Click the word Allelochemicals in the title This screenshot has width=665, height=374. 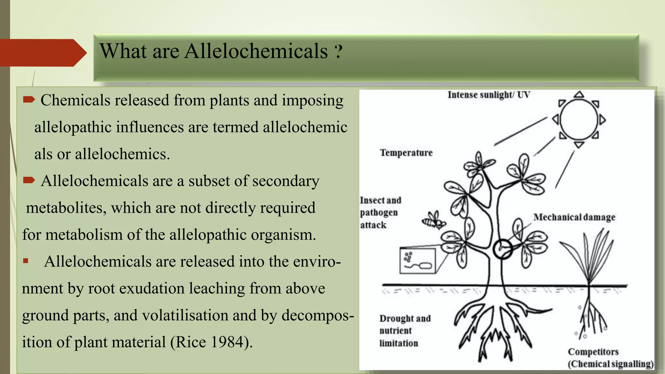pos(256,51)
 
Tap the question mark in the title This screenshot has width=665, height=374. pos(338,52)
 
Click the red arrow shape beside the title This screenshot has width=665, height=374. pos(42,53)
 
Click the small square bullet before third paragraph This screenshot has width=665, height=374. pos(26,261)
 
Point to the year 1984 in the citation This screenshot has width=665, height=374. pos(227,342)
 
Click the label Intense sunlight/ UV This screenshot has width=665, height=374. pos(489,95)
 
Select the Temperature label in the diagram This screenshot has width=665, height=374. pos(406,153)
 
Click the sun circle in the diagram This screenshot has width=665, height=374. pos(579,119)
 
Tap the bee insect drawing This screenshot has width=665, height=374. pos(434,221)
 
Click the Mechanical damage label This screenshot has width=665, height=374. pos(574,217)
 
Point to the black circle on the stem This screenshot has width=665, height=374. pos(502,249)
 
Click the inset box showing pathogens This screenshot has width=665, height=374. pos(417,261)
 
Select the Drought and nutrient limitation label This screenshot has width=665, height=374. pos(405,330)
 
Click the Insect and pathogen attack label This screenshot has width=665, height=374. pos(380,213)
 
